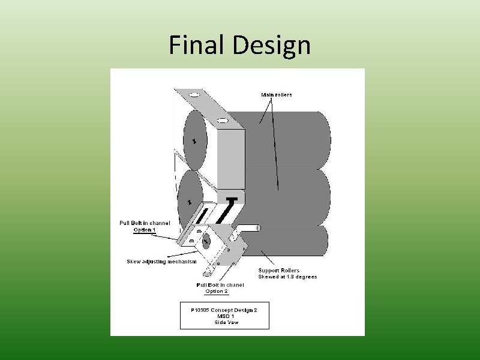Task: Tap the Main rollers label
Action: click(277, 95)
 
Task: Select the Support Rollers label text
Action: click(278, 271)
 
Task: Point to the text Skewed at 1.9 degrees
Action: click(287, 277)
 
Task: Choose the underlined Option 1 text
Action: click(145, 230)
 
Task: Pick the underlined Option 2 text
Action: click(217, 292)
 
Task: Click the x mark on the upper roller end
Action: click(194, 141)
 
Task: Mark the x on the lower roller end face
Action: click(190, 202)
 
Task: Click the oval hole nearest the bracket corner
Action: click(222, 121)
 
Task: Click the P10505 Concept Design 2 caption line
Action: click(224, 310)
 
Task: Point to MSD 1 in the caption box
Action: click(224, 316)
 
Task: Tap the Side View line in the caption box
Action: click(225, 323)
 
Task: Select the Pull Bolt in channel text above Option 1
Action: click(145, 223)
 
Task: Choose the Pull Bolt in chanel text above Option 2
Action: click(220, 284)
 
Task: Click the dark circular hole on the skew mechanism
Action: click(206, 242)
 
